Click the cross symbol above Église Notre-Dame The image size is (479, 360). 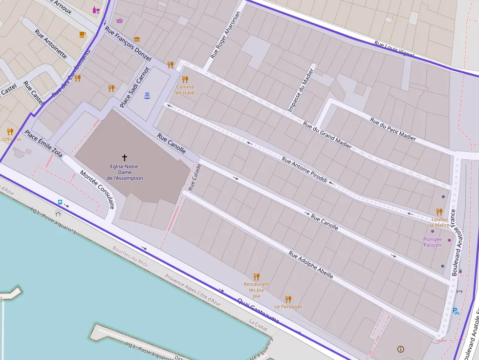pos(125,158)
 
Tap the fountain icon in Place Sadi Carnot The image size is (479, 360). pos(147,95)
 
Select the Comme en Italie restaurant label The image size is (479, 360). pos(185,90)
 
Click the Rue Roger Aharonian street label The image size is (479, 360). pos(226,35)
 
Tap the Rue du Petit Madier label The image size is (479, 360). pos(392,129)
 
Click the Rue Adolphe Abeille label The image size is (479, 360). pos(311,265)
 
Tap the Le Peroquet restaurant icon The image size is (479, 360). pos(288,299)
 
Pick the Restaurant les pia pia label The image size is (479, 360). pos(256,290)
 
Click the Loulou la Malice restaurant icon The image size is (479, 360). pos(439,212)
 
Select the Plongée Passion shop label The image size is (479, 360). pos(433,242)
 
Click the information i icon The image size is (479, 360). pos(401,349)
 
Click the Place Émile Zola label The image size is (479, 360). pos(44,144)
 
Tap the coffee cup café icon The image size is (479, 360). pos(82,34)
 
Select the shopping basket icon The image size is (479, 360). pos(120,21)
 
